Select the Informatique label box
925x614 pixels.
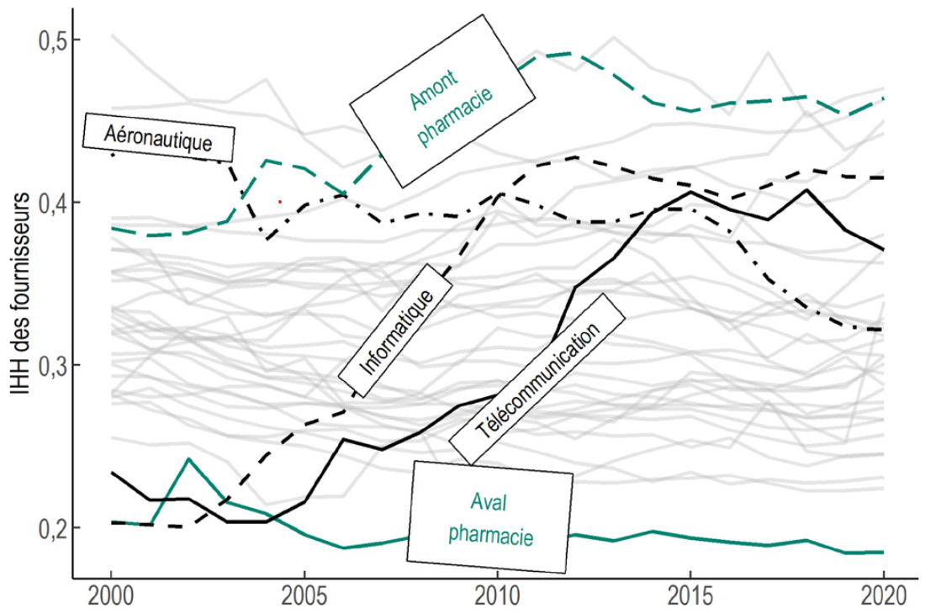tap(395, 331)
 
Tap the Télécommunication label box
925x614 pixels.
tap(538, 378)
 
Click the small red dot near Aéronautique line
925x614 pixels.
tap(280, 202)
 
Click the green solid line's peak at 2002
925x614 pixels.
tap(188, 458)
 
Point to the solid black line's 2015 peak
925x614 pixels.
tap(690, 192)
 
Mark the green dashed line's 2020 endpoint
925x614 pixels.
tap(882, 98)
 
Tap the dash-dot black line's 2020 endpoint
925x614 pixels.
tap(882, 330)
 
